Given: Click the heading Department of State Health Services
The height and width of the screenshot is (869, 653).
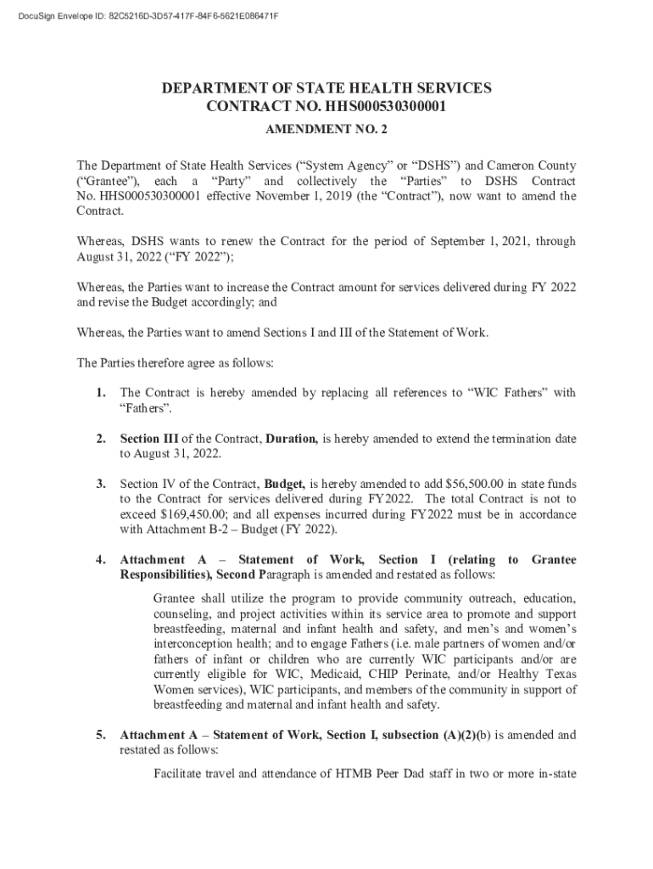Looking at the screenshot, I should click(326, 89).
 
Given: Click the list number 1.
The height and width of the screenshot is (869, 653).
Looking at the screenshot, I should click(100, 392).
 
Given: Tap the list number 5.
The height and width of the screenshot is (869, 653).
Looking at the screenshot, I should click(100, 735).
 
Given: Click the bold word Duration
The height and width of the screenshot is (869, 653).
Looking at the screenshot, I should click(292, 439).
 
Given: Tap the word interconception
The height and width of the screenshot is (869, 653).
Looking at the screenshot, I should click(197, 644).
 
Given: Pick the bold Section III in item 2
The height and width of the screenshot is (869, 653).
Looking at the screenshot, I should click(149, 439).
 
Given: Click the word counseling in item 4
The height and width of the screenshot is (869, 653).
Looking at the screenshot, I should click(183, 614).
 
